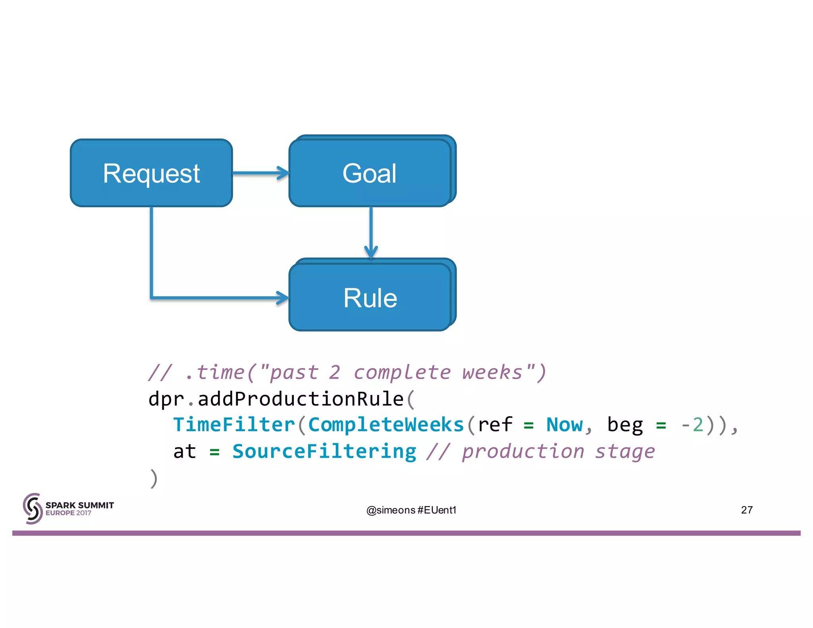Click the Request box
tap(151, 173)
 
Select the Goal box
tap(370, 173)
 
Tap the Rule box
tap(370, 298)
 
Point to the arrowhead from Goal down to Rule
tap(371, 252)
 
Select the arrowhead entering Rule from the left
tap(283, 298)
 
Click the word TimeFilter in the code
tap(234, 425)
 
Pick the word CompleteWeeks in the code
tap(386, 425)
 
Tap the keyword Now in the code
tap(564, 425)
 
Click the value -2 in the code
tap(692, 425)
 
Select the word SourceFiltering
tap(324, 451)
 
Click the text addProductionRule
tap(301, 399)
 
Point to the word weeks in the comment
tap(492, 372)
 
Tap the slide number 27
tap(746, 510)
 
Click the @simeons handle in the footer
tap(391, 510)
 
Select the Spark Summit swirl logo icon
tap(33, 509)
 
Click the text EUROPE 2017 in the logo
tap(68, 513)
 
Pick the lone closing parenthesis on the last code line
tap(154, 478)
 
